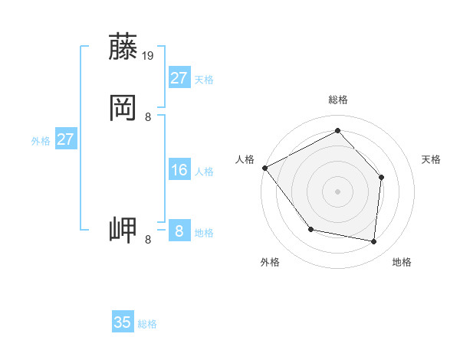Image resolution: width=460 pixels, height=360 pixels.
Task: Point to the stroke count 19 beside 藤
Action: tap(148, 56)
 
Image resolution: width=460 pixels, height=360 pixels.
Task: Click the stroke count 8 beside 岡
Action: tap(148, 116)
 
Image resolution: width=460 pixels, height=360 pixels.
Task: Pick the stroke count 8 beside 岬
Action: tap(148, 240)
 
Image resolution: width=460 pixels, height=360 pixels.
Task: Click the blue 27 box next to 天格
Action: tap(179, 78)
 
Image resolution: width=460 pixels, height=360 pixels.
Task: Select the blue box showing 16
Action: tap(179, 170)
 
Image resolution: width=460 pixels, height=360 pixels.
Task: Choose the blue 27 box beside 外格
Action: tap(66, 139)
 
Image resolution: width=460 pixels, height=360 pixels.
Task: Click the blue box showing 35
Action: tap(123, 322)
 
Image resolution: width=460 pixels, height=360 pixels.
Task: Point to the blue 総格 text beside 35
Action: tap(147, 324)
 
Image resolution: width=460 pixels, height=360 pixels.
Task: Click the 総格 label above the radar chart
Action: tap(338, 100)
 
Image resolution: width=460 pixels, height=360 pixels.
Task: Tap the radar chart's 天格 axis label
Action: tap(432, 159)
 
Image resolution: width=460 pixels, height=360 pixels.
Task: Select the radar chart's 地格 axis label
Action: tap(402, 263)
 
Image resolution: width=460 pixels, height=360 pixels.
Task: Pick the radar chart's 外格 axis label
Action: tap(270, 263)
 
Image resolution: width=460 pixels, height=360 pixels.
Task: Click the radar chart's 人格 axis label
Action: tap(245, 159)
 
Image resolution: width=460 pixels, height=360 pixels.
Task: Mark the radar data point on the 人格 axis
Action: tap(264, 168)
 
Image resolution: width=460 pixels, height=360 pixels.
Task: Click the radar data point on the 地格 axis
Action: tap(374, 241)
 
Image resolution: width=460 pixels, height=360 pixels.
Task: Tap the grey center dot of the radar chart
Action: tap(337, 191)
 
